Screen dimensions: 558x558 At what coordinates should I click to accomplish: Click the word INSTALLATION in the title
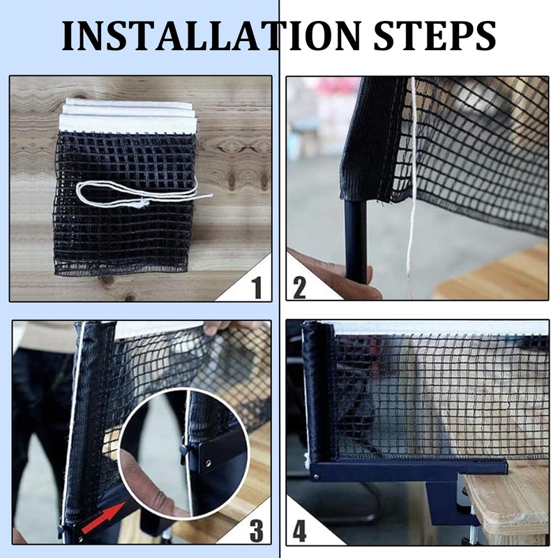pyautogui.click(x=212, y=36)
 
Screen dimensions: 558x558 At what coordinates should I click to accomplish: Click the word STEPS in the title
pyautogui.click(x=435, y=36)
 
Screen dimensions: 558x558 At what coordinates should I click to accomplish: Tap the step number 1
pyautogui.click(x=257, y=287)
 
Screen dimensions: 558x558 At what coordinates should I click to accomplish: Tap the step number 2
pyautogui.click(x=299, y=287)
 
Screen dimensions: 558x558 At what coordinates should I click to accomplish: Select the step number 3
pyautogui.click(x=257, y=531)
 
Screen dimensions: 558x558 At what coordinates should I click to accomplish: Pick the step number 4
pyautogui.click(x=300, y=531)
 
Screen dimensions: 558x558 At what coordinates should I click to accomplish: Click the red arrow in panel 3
pyautogui.click(x=103, y=518)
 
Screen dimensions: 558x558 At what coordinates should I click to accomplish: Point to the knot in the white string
pyautogui.click(x=144, y=204)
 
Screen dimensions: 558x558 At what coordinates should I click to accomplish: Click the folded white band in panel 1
pyautogui.click(x=128, y=116)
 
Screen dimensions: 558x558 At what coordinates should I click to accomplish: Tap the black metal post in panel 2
pyautogui.click(x=356, y=242)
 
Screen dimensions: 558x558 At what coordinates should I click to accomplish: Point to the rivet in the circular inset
pyautogui.click(x=208, y=463)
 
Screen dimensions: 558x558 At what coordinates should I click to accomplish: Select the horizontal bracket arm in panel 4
pyautogui.click(x=409, y=469)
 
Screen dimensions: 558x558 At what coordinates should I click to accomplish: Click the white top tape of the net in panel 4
pyautogui.click(x=442, y=328)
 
